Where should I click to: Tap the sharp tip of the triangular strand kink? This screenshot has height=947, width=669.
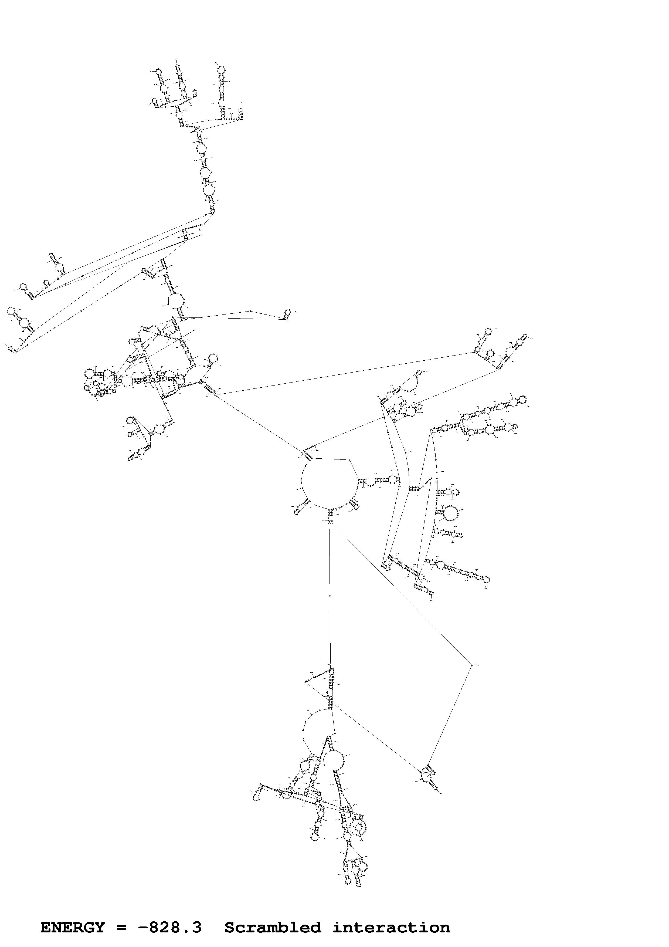tap(305, 682)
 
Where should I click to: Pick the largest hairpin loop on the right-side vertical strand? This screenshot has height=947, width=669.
tap(450, 513)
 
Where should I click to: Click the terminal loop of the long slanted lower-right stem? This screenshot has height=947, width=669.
tap(486, 580)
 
